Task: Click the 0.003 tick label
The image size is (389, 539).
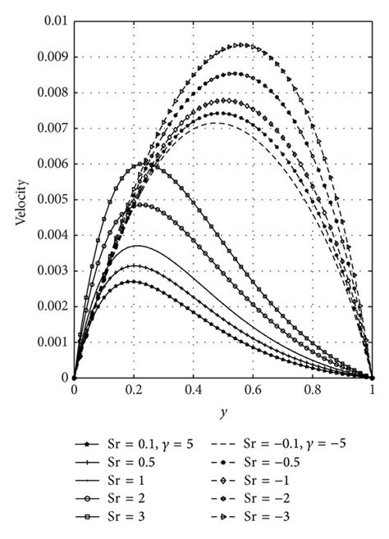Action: click(52, 270)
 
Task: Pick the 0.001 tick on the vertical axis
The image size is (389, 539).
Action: click(52, 342)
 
